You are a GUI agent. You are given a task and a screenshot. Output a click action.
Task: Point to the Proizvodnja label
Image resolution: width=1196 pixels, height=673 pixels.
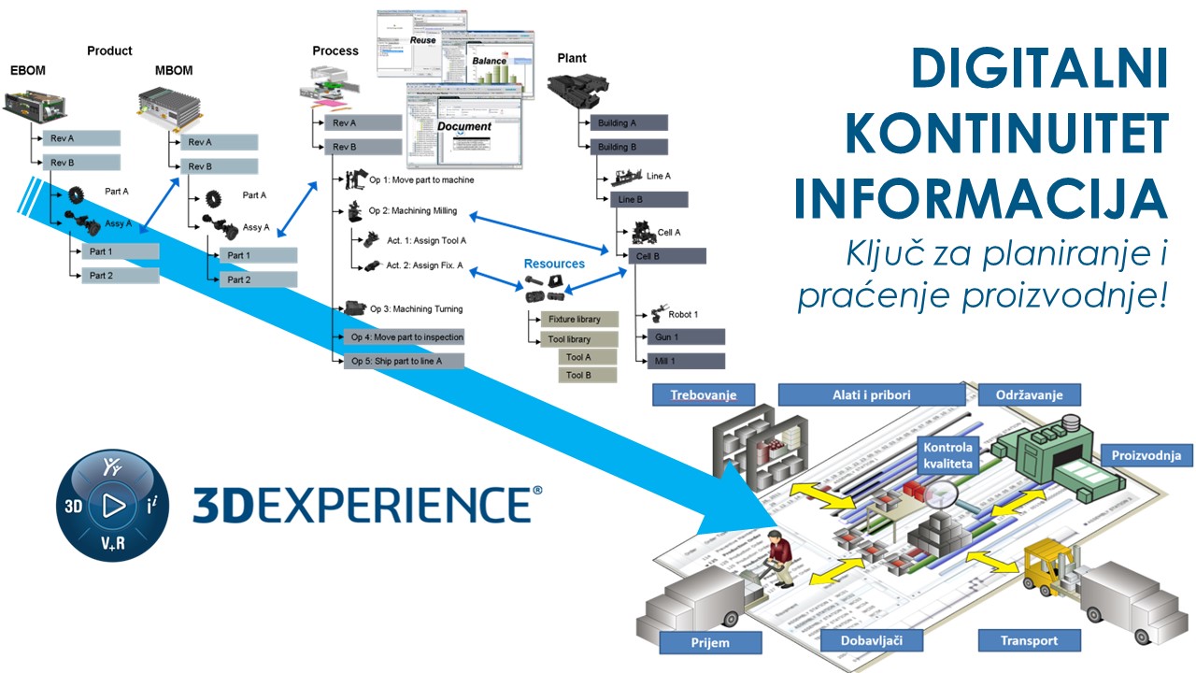1146,456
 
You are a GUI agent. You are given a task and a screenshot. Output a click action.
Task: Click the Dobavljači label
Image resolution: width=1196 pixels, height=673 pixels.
872,640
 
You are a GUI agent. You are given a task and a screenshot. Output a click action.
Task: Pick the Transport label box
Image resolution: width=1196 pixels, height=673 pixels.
1031,640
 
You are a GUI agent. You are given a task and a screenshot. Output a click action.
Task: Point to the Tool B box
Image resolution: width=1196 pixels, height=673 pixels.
588,375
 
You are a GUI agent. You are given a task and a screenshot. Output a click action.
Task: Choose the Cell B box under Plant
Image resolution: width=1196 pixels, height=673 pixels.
667,256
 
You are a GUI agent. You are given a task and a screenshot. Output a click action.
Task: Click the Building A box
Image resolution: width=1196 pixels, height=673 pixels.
628,122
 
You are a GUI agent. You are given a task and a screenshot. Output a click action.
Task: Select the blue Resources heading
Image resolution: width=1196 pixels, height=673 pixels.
554,264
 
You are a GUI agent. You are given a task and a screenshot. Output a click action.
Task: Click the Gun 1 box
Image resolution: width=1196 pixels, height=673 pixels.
685,336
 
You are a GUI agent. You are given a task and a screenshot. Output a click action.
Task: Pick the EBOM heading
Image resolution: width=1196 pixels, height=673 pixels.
27,70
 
